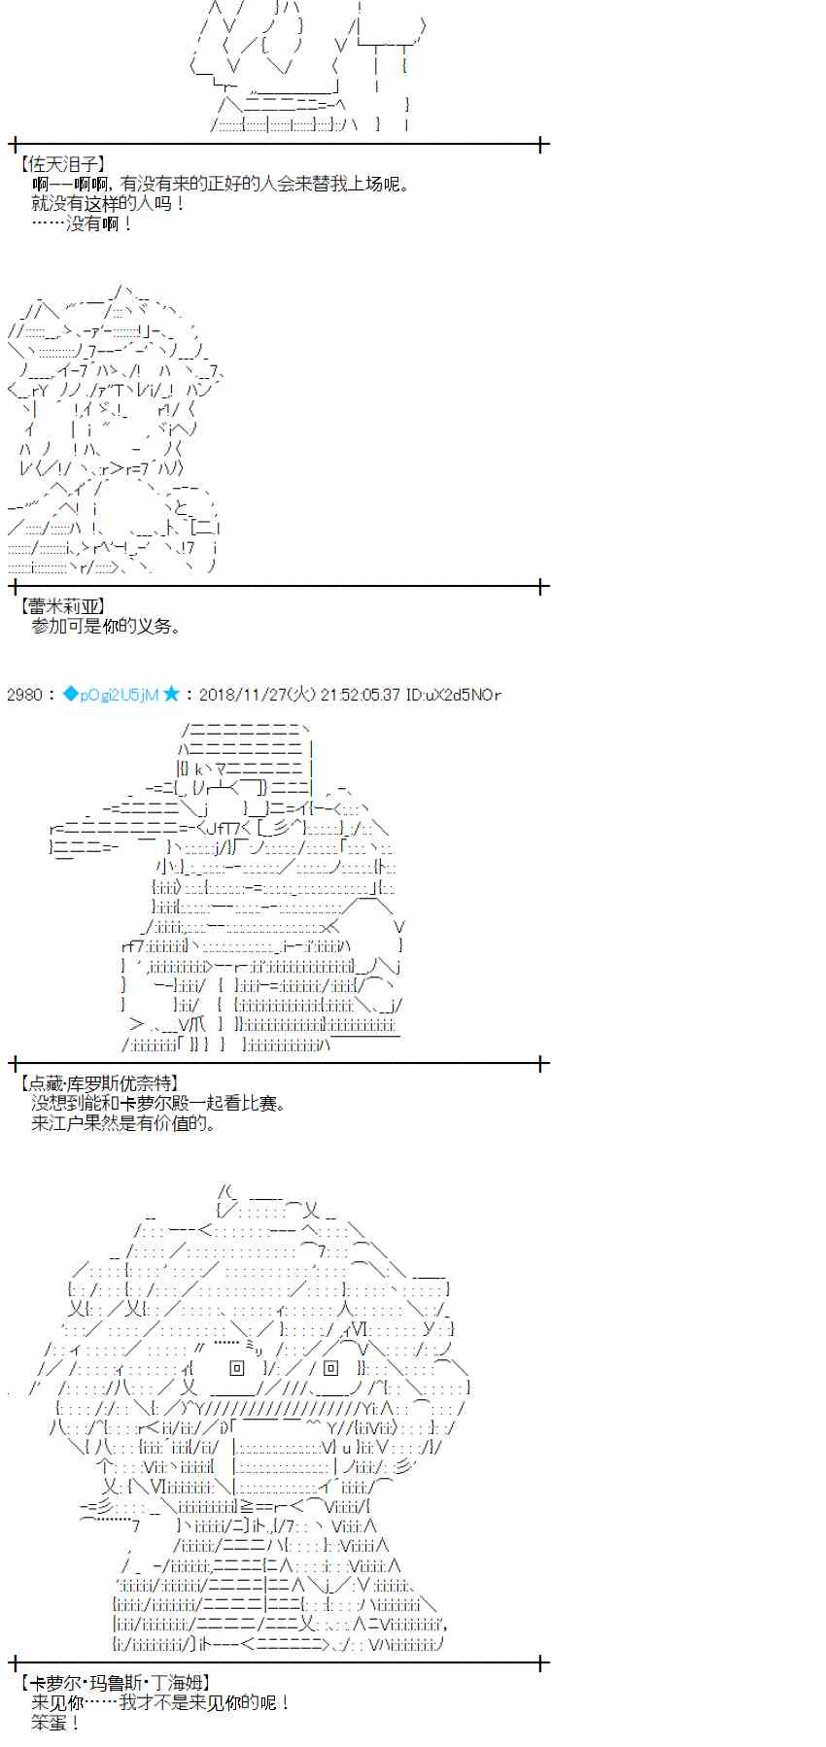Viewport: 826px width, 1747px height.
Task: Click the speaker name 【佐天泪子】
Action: click(x=62, y=164)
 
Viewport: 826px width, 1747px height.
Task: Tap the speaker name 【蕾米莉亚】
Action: click(x=62, y=606)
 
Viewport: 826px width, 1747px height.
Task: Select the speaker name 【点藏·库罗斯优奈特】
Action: click(x=98, y=1082)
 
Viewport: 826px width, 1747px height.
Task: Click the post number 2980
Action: click(x=24, y=694)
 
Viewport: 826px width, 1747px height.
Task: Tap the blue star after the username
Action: click(x=172, y=694)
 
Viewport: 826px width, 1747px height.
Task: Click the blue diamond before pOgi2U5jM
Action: click(x=69, y=694)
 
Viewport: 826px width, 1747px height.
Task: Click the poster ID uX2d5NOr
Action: click(x=454, y=694)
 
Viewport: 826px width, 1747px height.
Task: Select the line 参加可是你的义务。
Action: click(x=106, y=627)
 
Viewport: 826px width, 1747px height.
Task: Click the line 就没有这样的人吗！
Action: click(x=108, y=203)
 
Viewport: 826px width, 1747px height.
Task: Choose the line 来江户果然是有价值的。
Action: click(x=123, y=1123)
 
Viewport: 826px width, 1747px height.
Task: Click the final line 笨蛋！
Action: click(x=55, y=1723)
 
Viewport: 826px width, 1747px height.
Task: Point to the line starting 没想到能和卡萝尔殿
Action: click(x=158, y=1103)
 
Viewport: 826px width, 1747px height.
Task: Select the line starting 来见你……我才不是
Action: click(x=160, y=1702)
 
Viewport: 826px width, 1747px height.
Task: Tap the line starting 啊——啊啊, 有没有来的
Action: click(x=221, y=184)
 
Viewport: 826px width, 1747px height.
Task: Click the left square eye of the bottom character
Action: click(x=237, y=1368)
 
